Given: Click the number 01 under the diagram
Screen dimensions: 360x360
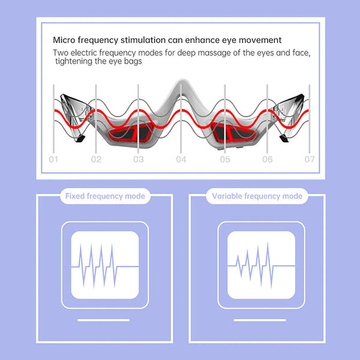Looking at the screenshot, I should tap(53, 160).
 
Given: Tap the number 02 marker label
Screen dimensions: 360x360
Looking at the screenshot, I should tap(96, 160).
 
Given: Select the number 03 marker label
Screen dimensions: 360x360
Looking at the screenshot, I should tap(139, 160).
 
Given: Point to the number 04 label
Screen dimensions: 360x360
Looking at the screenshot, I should tap(182, 160).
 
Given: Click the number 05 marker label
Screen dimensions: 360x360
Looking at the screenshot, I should tap(225, 160).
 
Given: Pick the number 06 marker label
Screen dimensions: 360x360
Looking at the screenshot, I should tap(268, 160).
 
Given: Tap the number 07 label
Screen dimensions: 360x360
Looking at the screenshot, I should tap(310, 160).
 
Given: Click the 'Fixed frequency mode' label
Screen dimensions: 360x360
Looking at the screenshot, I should tap(104, 196).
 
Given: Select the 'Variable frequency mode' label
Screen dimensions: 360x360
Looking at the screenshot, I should tap(257, 196).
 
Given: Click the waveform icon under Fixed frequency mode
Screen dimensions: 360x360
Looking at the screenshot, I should tap(105, 265).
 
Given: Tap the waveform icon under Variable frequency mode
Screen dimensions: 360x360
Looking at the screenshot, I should tap(259, 265).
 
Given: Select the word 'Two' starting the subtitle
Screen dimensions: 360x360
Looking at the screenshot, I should tap(61, 53).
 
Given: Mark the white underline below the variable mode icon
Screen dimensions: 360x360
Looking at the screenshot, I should tap(259, 320).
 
